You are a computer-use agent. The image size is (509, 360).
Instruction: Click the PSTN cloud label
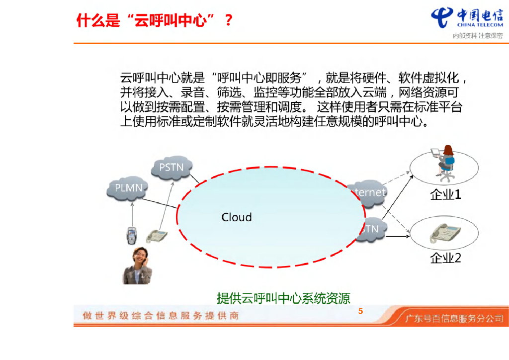171,168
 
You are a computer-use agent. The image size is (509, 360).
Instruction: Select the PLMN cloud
128,188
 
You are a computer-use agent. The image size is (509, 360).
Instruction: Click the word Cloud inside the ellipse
237,217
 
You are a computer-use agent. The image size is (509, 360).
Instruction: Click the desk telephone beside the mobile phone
157,235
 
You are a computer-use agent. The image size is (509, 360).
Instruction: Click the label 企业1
445,195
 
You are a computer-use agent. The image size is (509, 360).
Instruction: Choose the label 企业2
445,258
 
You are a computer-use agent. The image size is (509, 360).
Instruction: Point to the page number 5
361,312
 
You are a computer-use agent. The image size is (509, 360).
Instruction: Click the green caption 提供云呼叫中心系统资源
283,298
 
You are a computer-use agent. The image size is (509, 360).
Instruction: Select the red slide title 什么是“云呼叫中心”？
155,21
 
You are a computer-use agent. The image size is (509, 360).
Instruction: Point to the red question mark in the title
228,21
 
